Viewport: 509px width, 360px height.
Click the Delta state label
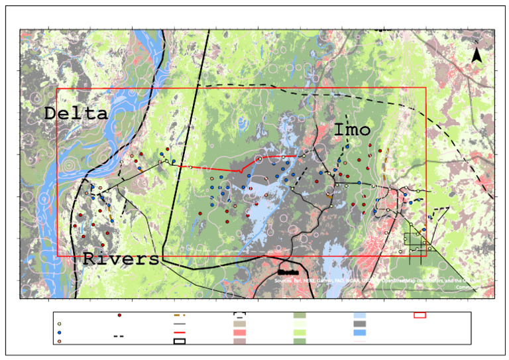76,113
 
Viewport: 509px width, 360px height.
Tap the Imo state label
351,129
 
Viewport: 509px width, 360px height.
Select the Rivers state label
121,259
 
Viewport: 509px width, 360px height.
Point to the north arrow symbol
476,56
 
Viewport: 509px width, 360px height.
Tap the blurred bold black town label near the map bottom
287,271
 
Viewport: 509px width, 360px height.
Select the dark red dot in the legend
119,316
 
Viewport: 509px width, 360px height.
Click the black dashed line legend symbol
119,336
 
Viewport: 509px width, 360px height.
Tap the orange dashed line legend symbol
179,316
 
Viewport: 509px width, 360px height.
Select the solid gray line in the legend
179,324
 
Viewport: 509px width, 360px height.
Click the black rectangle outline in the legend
179,341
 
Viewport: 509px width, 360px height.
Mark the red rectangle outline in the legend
420,316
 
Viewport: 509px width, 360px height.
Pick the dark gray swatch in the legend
360,324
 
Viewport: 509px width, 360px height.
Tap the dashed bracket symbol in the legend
240,316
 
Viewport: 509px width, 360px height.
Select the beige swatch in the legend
240,324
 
